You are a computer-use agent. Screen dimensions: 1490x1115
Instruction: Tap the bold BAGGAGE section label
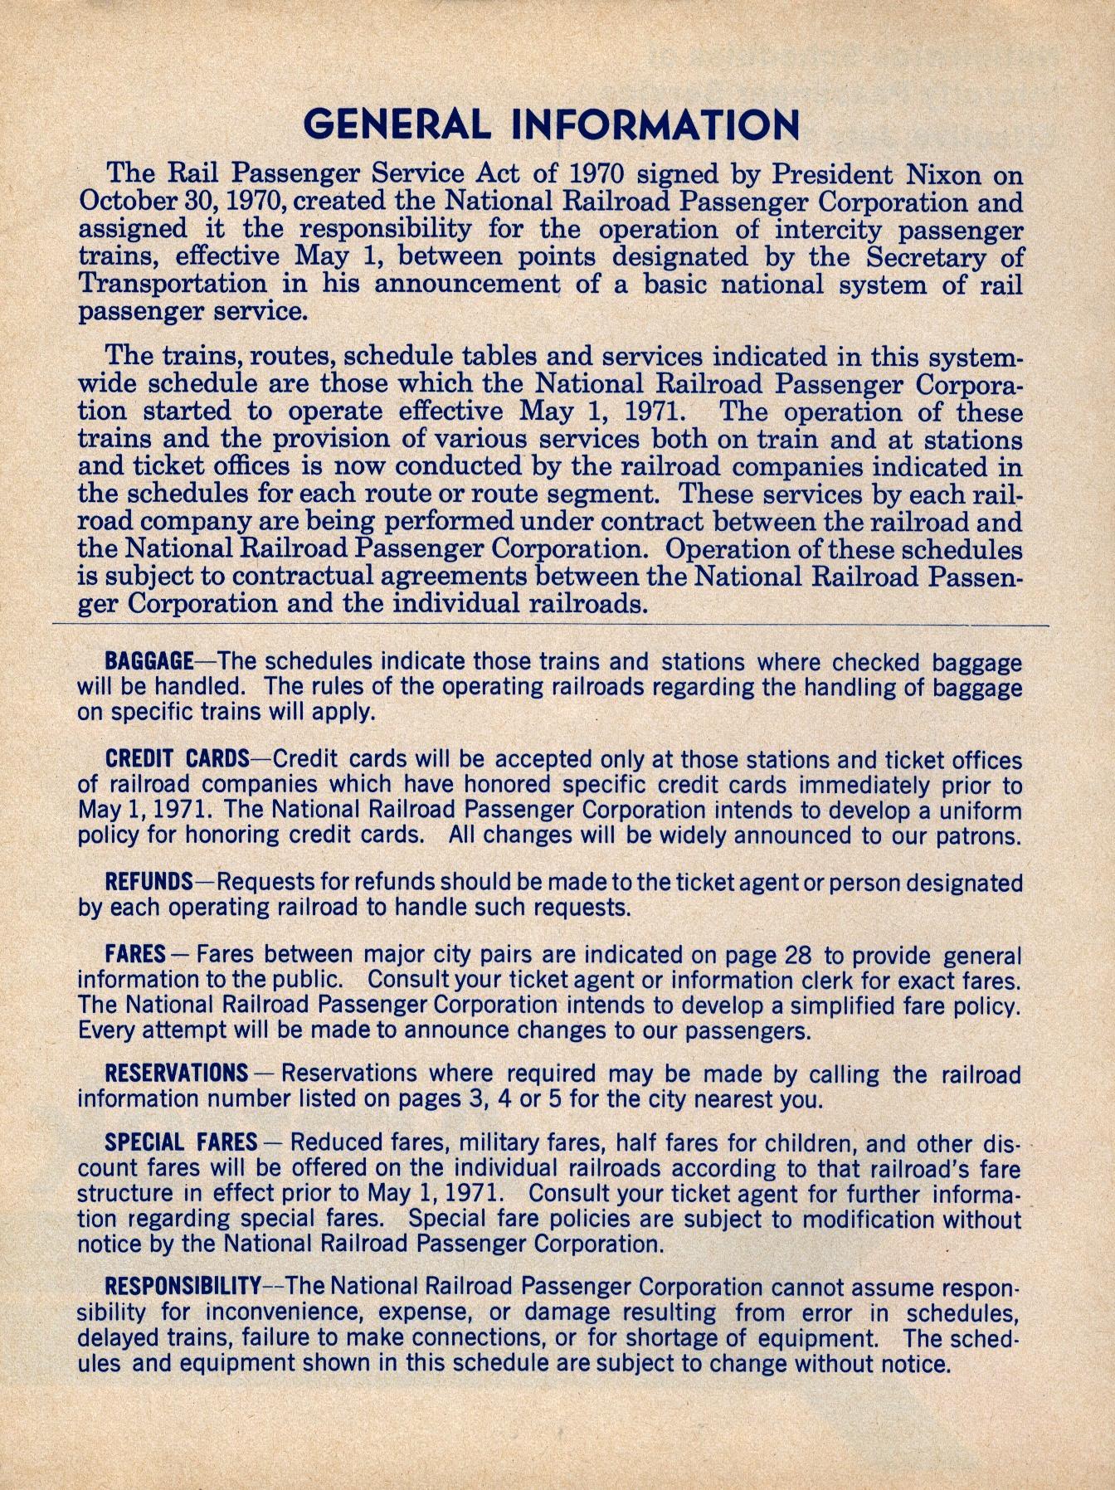tap(149, 662)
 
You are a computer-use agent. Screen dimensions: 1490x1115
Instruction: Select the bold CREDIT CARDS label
tap(177, 758)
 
